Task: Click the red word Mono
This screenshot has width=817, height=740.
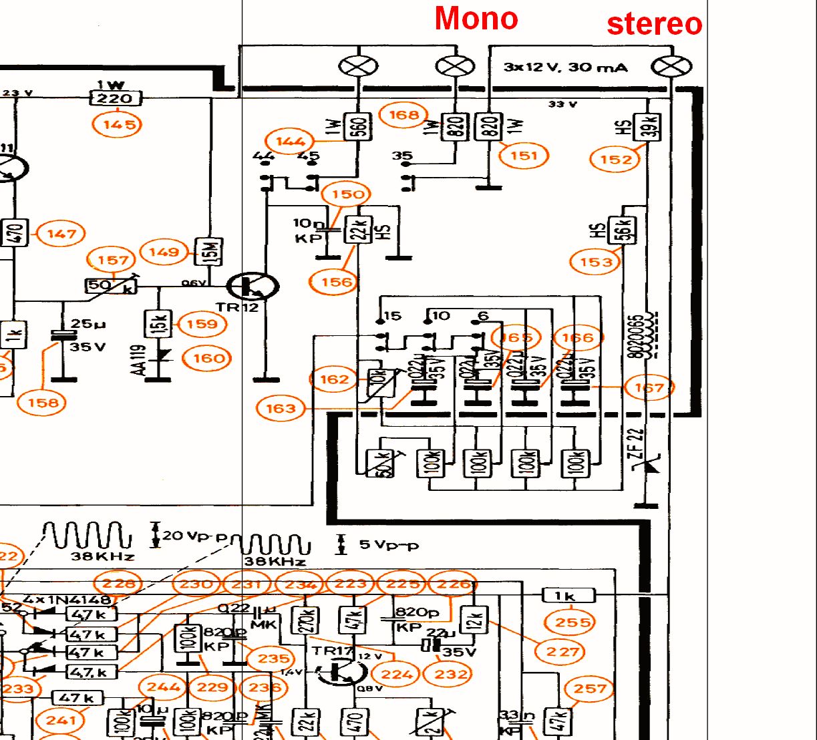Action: [476, 19]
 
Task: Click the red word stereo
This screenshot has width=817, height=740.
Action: [654, 24]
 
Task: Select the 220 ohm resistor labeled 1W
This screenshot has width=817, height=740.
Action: [116, 99]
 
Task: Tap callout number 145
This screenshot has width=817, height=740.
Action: [118, 124]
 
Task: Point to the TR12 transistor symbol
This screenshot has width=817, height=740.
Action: [253, 287]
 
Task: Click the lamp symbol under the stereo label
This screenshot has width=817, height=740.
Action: [671, 66]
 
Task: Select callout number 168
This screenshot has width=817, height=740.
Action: [403, 115]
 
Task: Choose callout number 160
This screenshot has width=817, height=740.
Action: [208, 359]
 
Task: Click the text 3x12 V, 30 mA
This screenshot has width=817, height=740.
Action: [565, 67]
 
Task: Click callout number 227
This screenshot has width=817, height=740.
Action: [562, 652]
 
